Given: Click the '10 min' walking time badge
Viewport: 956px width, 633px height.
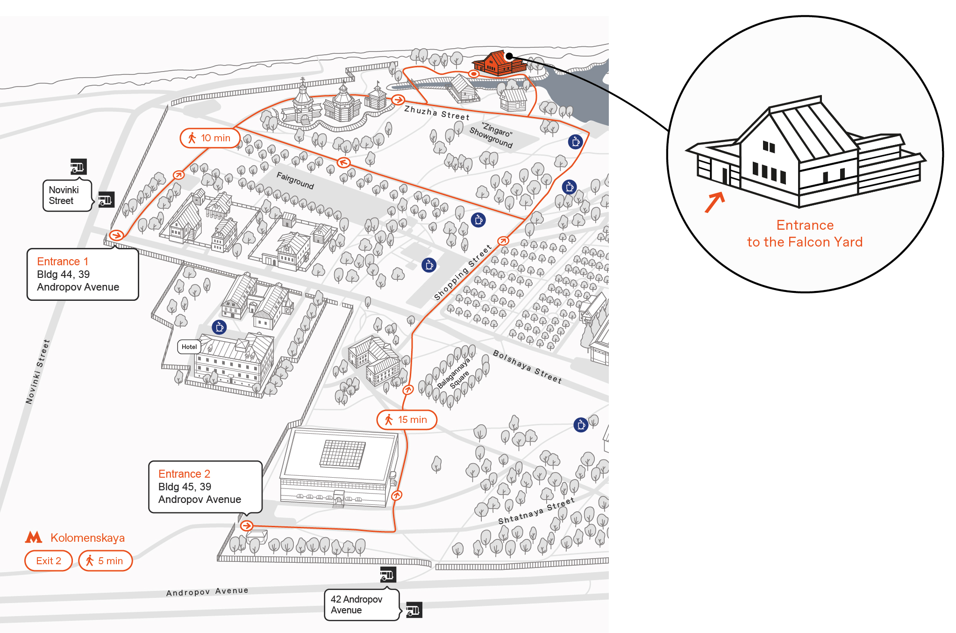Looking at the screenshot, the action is tap(210, 138).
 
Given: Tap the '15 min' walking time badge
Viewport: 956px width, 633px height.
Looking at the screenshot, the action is tap(407, 420).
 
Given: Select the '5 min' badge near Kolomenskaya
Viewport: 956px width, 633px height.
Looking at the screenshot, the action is tap(106, 560).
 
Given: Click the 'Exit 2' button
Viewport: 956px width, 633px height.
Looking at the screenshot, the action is tap(49, 560).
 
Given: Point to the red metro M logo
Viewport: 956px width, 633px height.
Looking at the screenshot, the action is tap(34, 537).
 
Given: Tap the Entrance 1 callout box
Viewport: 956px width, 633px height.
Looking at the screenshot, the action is tap(83, 274).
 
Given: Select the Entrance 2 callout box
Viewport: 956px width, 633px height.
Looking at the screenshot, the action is tap(205, 487).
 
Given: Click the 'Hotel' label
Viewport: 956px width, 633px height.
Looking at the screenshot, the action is tap(189, 347).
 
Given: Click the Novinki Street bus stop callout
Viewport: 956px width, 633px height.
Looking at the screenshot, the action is tap(67, 196).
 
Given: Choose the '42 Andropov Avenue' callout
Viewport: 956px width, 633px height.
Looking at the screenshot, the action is tap(362, 604).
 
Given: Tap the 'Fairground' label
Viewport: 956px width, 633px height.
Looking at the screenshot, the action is tap(295, 181).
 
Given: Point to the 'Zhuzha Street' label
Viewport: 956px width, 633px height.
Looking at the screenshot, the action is tap(437, 113).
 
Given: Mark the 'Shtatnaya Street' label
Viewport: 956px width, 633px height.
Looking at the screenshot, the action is tap(536, 511).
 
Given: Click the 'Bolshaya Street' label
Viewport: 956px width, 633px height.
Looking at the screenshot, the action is tap(528, 367).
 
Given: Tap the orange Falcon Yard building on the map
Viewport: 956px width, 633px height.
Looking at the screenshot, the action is tap(499, 64).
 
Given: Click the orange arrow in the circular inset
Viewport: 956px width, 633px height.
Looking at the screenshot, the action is tap(715, 202).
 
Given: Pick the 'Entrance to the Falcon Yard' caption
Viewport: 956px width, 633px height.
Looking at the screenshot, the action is tap(805, 233).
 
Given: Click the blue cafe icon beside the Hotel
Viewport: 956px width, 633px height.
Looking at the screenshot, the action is tap(219, 327).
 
